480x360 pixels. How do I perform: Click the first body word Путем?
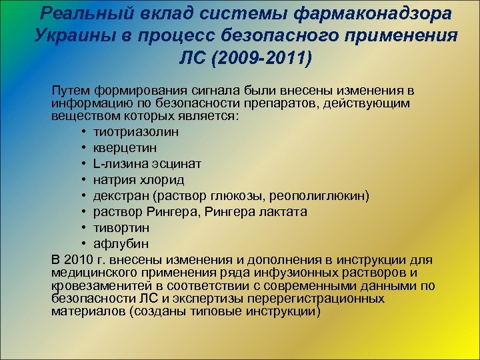pyautogui.click(x=69, y=91)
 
